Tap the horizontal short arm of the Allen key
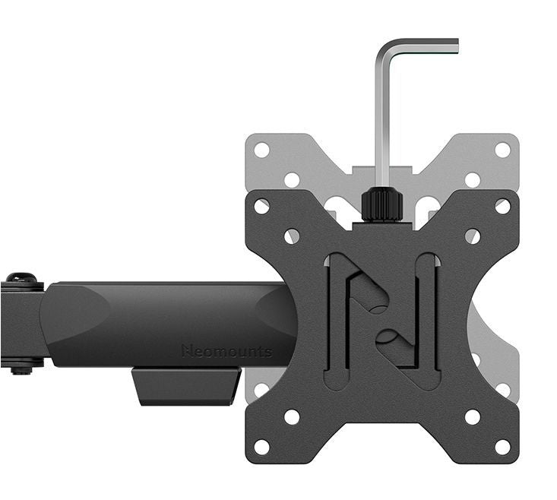(x=421, y=45)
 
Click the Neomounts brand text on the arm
(x=227, y=351)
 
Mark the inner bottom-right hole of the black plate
(x=473, y=416)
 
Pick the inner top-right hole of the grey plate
(x=473, y=180)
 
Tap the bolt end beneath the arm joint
(x=21, y=369)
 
